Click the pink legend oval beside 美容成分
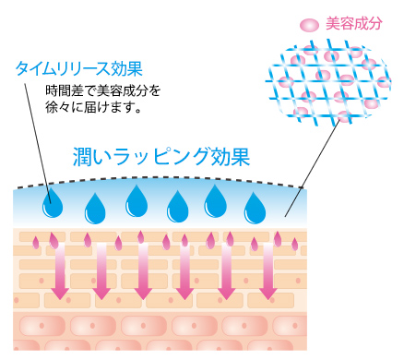click(x=309, y=25)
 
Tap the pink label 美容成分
click(x=354, y=24)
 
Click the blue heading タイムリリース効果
click(x=79, y=68)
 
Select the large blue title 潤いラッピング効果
click(x=161, y=156)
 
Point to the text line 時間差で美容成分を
click(x=103, y=90)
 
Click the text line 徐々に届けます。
click(x=93, y=107)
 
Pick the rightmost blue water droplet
click(x=255, y=208)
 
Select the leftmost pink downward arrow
click(x=60, y=270)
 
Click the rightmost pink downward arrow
click(x=268, y=270)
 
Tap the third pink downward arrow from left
click(x=143, y=270)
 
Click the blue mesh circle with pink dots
click(x=328, y=83)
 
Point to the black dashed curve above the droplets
click(x=160, y=177)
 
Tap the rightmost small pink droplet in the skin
click(x=294, y=244)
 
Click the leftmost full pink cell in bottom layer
click(x=42, y=326)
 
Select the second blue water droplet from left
click(x=95, y=209)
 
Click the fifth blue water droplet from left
click(x=216, y=201)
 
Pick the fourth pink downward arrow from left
click(x=184, y=270)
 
